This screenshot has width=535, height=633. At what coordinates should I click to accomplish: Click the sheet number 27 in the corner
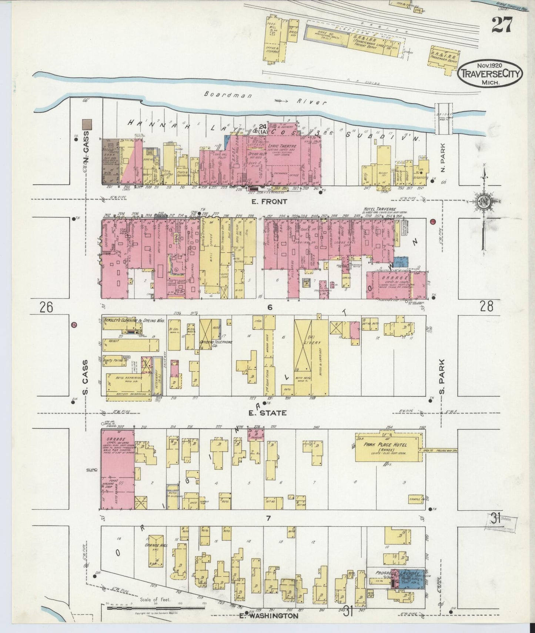point(502,25)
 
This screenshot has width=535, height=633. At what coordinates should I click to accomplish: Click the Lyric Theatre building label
point(284,147)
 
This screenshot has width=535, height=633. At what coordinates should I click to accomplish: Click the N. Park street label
point(443,159)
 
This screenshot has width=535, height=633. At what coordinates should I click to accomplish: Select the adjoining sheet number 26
point(47,307)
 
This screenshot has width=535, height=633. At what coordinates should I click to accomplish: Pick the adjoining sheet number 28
point(486,306)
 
